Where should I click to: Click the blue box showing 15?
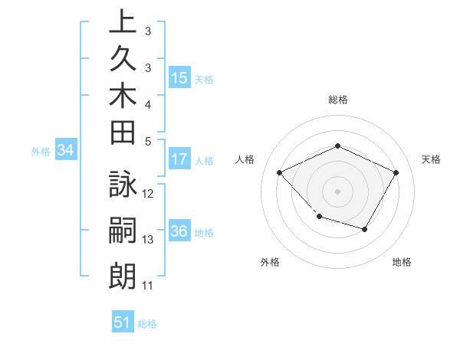click(179, 77)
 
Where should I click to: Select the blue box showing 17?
click(179, 159)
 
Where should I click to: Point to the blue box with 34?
click(66, 151)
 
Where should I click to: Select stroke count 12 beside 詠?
click(149, 194)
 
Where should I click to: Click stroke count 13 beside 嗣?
click(149, 240)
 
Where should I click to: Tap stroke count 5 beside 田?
click(148, 141)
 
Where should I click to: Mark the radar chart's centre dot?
click(337, 191)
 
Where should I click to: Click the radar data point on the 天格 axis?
click(396, 172)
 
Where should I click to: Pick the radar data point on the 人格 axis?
click(280, 173)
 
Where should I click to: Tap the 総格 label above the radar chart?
click(338, 100)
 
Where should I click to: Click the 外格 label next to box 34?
click(40, 152)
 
